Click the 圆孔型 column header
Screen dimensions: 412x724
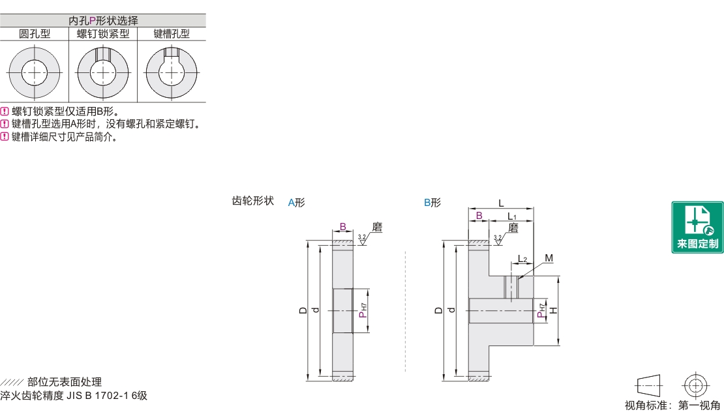[x=35, y=33]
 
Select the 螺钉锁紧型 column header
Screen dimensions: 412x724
[x=103, y=33]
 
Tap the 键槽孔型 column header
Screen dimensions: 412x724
[x=172, y=33]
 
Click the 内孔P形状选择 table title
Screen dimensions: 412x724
[x=103, y=21]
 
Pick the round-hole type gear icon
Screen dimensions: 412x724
[x=35, y=71]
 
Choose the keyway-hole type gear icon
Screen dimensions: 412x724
[x=172, y=71]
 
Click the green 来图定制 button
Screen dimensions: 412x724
[x=697, y=227]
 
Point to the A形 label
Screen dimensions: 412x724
[x=296, y=202]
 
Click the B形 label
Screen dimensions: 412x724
[x=432, y=202]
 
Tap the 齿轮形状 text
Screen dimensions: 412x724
[x=252, y=201]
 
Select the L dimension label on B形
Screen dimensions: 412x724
[x=501, y=203]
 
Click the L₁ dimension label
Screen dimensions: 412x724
[x=512, y=216]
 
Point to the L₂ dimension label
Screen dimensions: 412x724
[x=523, y=259]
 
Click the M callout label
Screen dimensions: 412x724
[x=549, y=258]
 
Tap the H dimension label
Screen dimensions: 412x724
[x=553, y=310]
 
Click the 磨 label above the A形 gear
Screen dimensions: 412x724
[x=376, y=228]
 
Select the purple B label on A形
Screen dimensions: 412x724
[x=342, y=227]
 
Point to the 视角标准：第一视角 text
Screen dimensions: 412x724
[x=672, y=405]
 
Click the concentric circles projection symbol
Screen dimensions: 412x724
[x=694, y=384]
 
